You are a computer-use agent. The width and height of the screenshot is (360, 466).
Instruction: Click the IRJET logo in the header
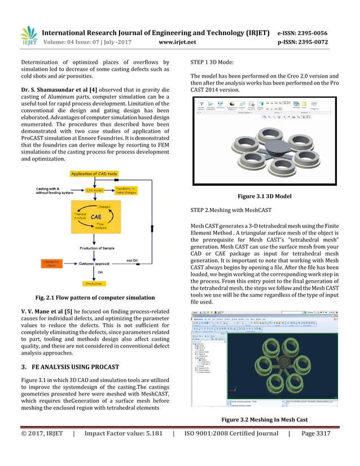(28, 35)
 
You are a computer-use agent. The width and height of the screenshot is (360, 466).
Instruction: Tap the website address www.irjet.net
(179, 41)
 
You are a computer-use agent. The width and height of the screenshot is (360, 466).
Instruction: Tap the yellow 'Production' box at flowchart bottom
(94, 284)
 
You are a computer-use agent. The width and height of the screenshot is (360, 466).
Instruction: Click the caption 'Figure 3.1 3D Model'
(269, 196)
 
